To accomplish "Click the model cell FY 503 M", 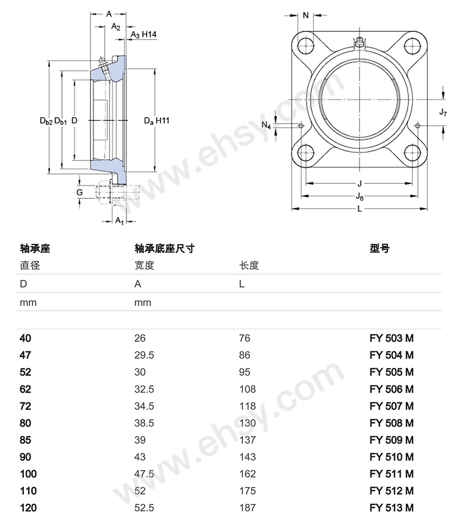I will coord(391,338).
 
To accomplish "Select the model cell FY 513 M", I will coord(391,508).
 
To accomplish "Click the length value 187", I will coord(247,508).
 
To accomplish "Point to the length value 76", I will coord(245,338).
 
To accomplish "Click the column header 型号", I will coord(379,249).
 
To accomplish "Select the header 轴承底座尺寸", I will coord(164,249).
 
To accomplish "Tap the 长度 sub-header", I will coord(249,266).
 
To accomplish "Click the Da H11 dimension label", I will coord(157,121).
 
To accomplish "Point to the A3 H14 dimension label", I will coord(143,35).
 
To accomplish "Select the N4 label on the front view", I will coord(266,125).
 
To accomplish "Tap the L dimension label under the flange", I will coord(359,209).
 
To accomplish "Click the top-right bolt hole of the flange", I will coord(412,45).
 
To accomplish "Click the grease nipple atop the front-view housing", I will coord(359,42).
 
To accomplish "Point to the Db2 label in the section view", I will coord(45,121).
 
